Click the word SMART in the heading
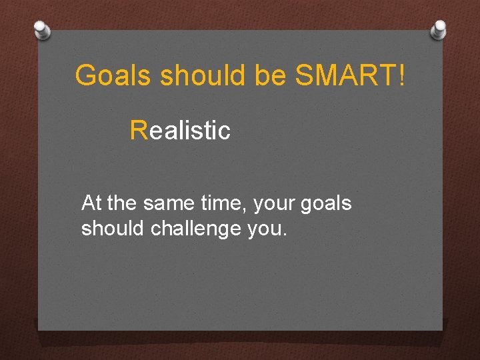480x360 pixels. [x=345, y=76]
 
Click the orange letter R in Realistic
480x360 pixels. [x=139, y=130]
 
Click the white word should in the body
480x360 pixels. [x=113, y=229]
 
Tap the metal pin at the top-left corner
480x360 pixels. [x=41, y=29]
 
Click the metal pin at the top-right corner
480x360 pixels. [x=439, y=29]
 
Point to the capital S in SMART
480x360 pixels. [x=303, y=76]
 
